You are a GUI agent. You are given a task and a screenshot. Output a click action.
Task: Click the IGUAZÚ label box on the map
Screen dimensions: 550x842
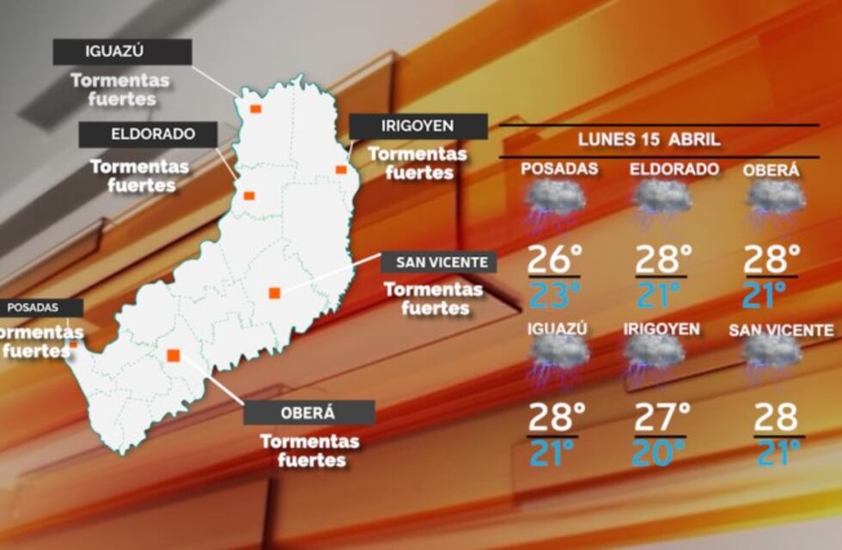pos(122,52)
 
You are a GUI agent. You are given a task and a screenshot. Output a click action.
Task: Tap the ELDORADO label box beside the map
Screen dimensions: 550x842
pos(148,135)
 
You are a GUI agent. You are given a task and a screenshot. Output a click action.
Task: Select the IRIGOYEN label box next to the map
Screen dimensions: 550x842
pos(418,126)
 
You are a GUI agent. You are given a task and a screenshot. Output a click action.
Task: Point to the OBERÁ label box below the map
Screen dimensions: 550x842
pos(309,412)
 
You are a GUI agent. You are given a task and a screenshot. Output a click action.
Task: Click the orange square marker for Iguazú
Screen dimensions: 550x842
pos(254,108)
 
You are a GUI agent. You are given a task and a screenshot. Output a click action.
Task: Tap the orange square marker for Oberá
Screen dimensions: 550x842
pos(174,355)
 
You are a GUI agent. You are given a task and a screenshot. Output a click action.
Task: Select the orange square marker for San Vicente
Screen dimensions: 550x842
pos(274,292)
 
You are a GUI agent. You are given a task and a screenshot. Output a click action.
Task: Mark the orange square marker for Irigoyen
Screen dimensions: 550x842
pos(341,169)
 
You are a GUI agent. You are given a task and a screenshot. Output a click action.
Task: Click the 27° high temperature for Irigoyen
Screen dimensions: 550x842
pos(662,418)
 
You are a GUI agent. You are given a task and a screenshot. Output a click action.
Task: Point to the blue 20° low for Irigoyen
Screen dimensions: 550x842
pos(660,453)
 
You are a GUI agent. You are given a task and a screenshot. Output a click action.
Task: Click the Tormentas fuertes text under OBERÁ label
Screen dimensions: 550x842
pos(309,450)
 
